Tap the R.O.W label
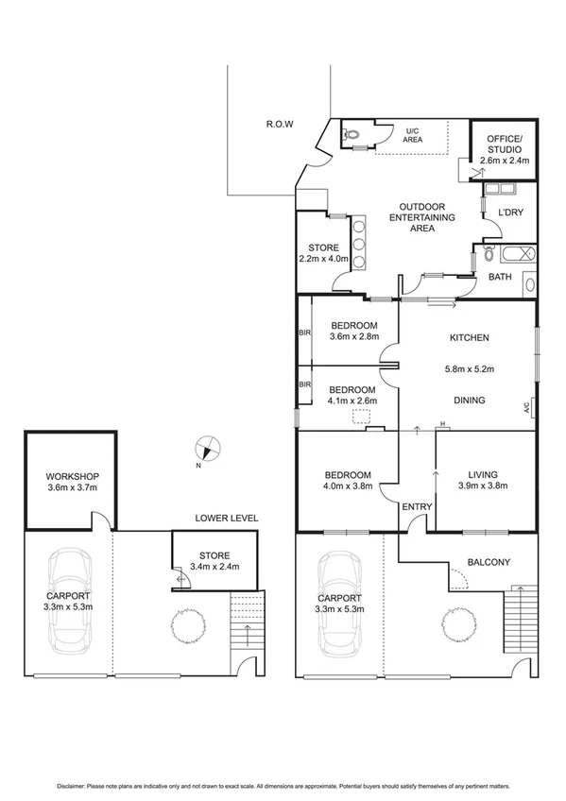coord(281,124)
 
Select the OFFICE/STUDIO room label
coord(503,145)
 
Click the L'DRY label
coord(510,213)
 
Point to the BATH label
coord(500,277)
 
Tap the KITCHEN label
coord(469,337)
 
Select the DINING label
coord(469,400)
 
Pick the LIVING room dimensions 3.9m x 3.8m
coord(483,486)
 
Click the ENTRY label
coord(417,507)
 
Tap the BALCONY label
coord(489,563)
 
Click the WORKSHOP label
coord(72,476)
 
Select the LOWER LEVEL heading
coord(227,519)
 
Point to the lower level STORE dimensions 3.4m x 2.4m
coord(215,567)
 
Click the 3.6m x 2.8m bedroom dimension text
coord(354,336)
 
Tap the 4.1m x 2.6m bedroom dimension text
coord(352,401)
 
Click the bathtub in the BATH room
coord(516,253)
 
